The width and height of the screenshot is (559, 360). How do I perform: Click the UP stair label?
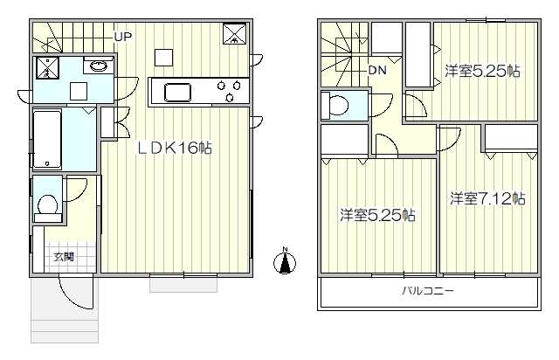point(123,37)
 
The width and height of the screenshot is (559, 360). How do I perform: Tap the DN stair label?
point(377,70)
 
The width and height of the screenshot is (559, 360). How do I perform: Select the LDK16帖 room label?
point(175,148)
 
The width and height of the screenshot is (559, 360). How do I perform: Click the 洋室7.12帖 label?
point(487,198)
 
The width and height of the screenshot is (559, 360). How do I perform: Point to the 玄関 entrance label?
point(64,257)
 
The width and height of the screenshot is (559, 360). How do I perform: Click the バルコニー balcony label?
point(428,291)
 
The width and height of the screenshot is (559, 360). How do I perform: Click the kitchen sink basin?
point(177,92)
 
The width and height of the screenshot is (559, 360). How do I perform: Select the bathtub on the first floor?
point(47,140)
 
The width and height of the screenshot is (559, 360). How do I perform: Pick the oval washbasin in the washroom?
point(98,66)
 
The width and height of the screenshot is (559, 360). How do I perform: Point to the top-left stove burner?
point(221,86)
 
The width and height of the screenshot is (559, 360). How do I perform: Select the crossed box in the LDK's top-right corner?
point(235,34)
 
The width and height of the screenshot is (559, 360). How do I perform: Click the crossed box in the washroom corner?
point(46,68)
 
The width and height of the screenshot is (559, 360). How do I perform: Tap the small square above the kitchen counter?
point(163,58)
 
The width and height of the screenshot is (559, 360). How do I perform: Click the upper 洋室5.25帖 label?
point(482,72)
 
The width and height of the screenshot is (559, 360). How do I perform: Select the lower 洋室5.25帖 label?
point(377,216)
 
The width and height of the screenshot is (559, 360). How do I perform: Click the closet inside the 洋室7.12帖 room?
point(511,137)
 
